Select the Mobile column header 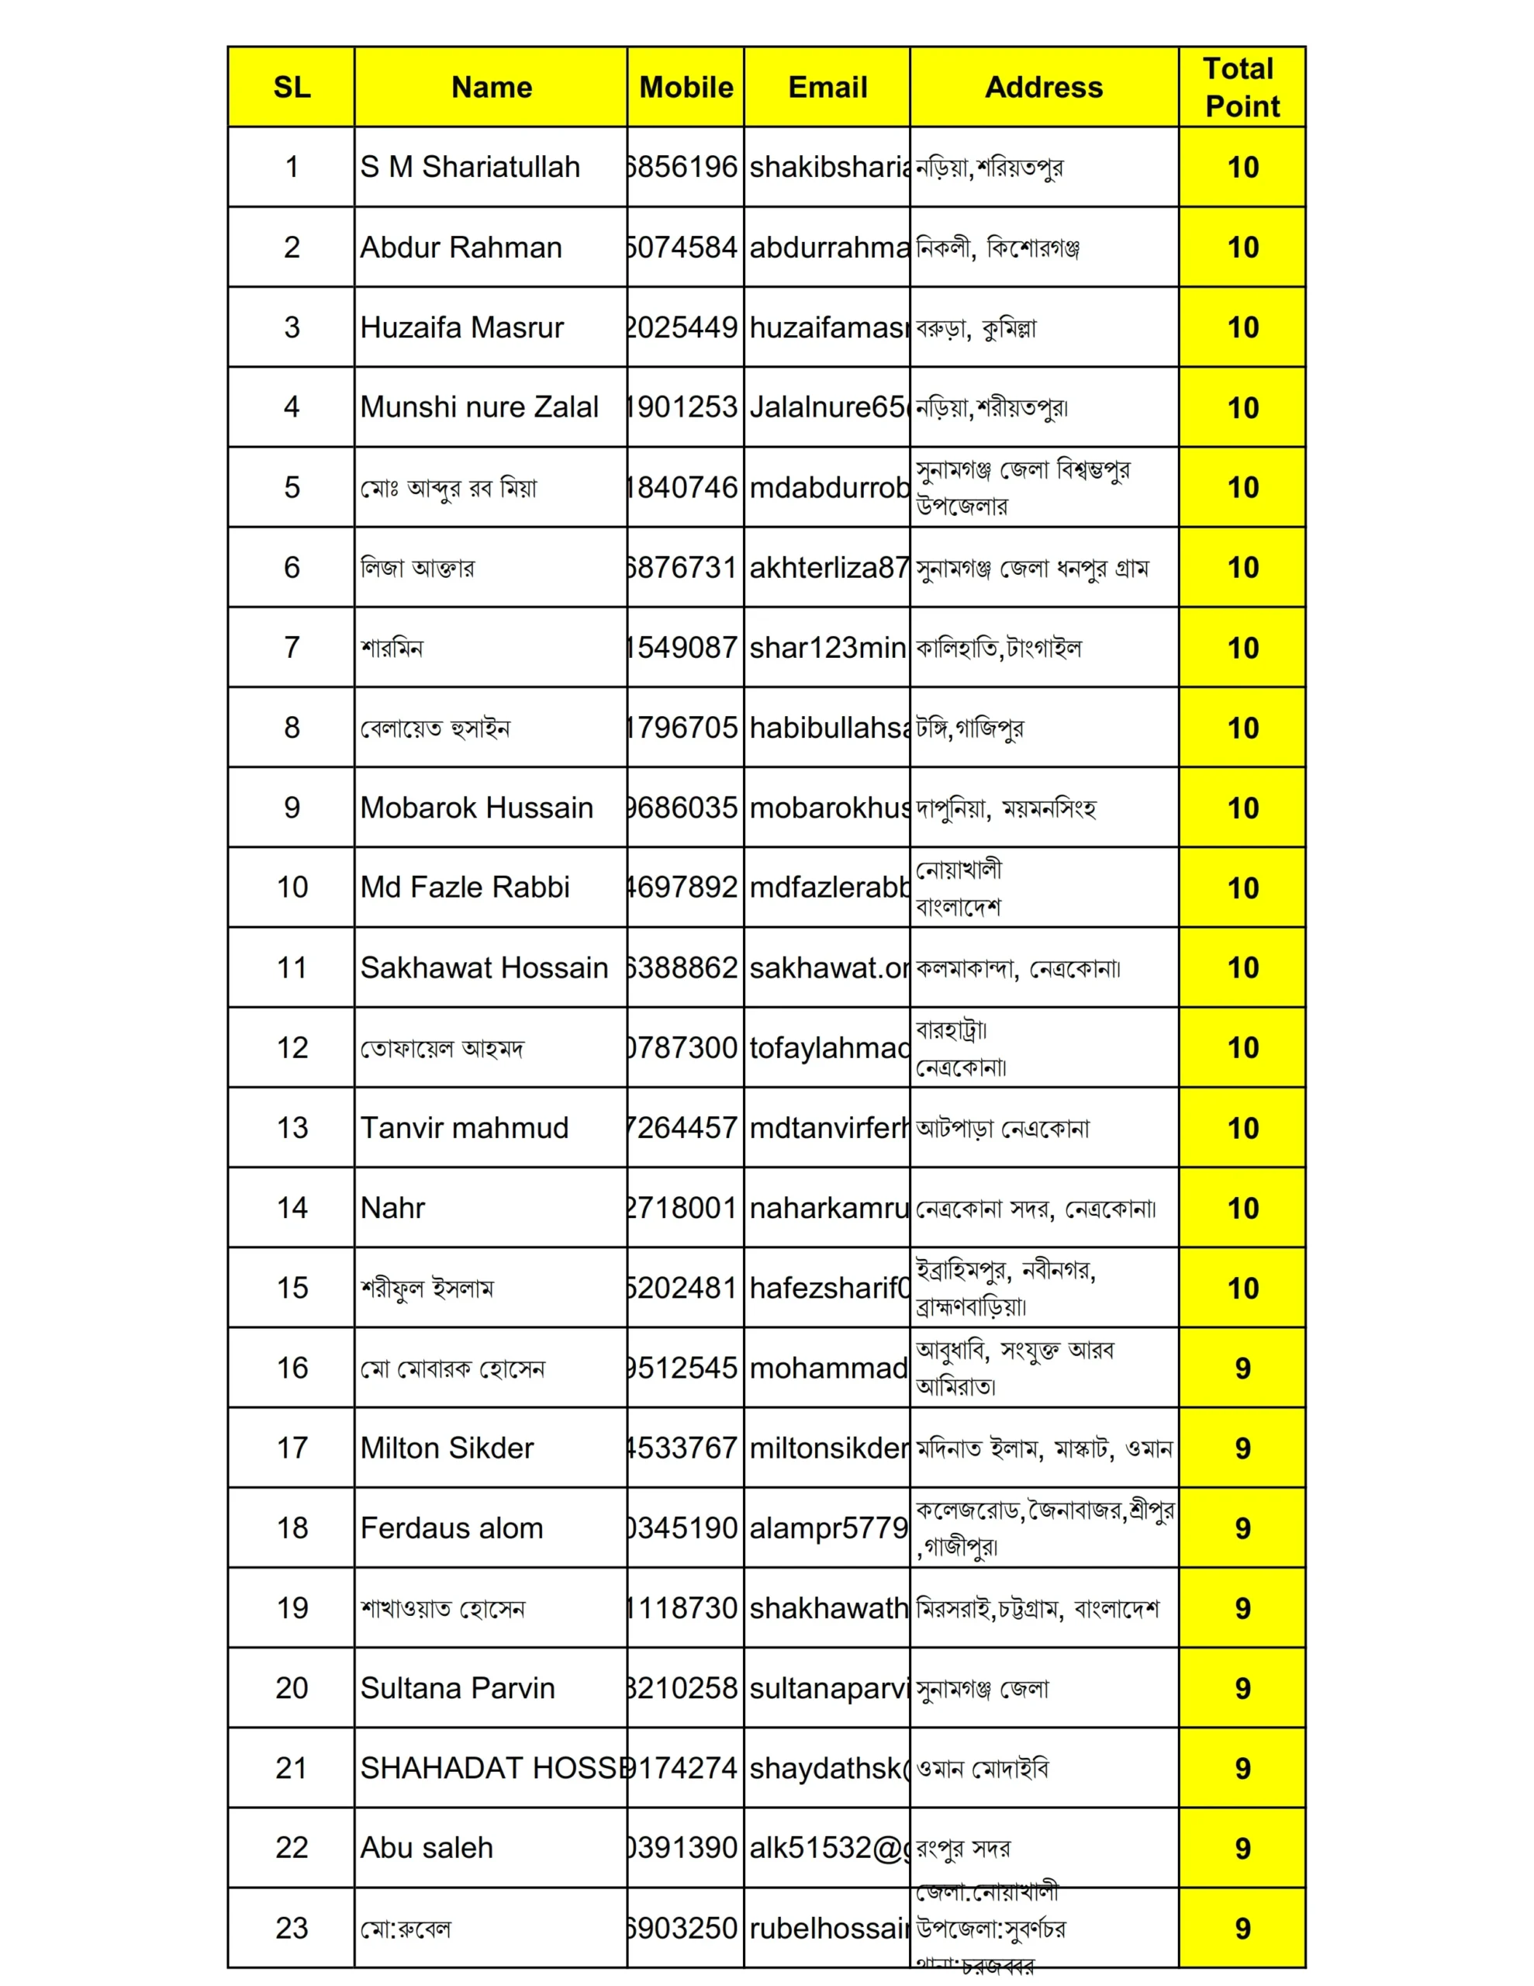click(x=686, y=88)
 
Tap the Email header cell click(x=827, y=88)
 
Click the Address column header click(x=1043, y=88)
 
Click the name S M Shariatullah click(x=469, y=168)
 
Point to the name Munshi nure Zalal click(x=479, y=407)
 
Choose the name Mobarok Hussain click(x=475, y=808)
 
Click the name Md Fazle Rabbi click(x=464, y=887)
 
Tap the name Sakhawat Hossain click(x=483, y=967)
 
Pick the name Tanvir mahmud click(x=464, y=1127)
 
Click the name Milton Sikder click(x=447, y=1448)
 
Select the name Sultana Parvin click(x=457, y=1688)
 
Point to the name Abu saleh click(x=426, y=1848)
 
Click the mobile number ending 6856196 click(x=684, y=168)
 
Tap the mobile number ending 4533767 click(x=684, y=1448)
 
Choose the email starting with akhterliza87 click(x=827, y=567)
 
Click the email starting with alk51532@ click(x=827, y=1848)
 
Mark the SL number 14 click(x=292, y=1208)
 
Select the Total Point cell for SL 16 click(x=1242, y=1368)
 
